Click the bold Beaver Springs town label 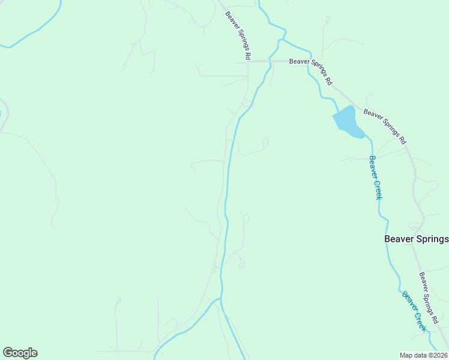click(x=416, y=239)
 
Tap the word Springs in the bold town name click(x=431, y=239)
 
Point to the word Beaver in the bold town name click(x=398, y=239)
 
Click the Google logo click(x=20, y=353)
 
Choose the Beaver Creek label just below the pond click(x=376, y=178)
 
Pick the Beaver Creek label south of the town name click(x=414, y=311)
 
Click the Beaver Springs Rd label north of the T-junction click(x=238, y=35)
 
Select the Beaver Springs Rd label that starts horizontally click(x=311, y=70)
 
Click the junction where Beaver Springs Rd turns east click(x=248, y=61)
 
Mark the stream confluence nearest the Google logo click(x=220, y=299)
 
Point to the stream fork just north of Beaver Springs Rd click(x=283, y=40)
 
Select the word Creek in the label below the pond click(x=378, y=188)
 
